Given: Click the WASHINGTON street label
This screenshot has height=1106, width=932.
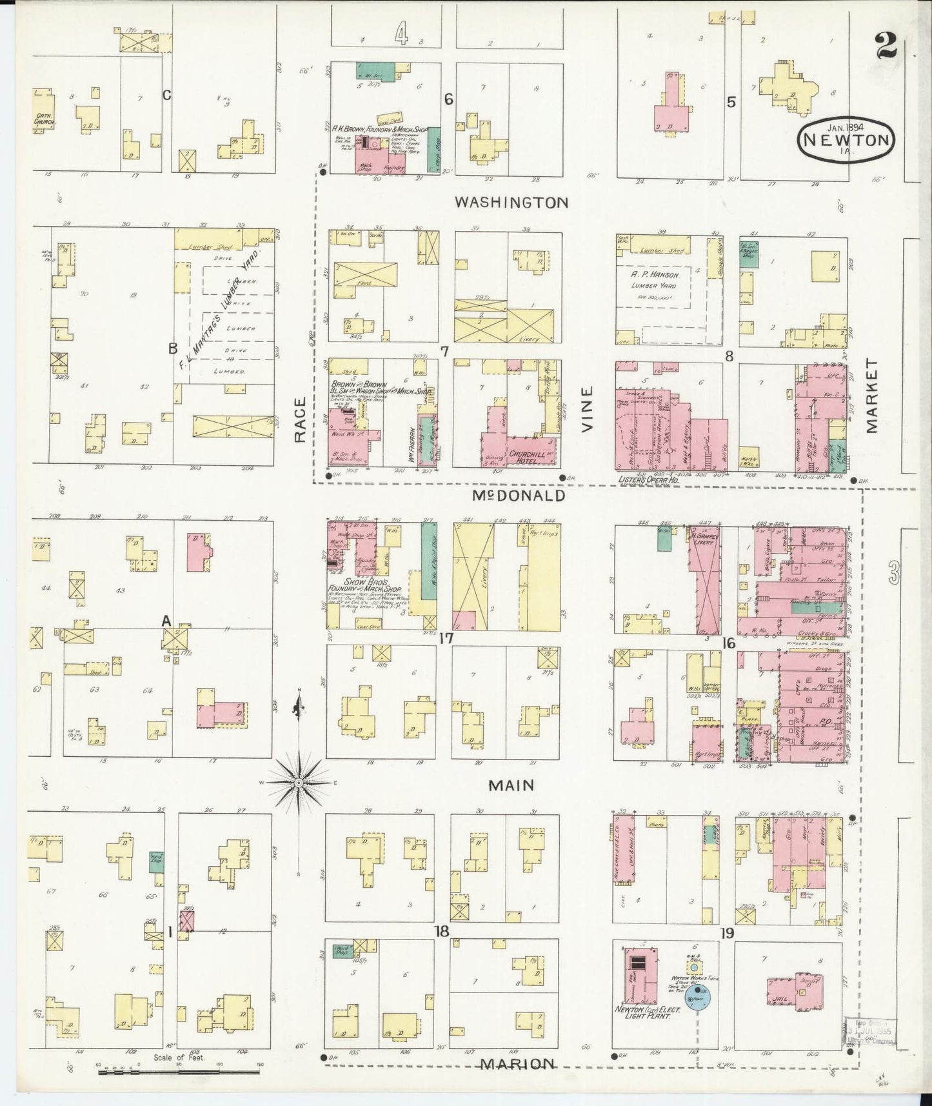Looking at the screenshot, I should point(511,203).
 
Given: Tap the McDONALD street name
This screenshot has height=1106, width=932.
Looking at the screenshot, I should point(519,496).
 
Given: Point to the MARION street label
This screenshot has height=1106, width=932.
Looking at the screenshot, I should point(518,1064).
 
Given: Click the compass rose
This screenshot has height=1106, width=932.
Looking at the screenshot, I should point(299,782).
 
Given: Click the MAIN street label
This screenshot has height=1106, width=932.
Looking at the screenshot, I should point(511,785).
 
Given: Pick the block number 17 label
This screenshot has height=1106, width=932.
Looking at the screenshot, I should point(445,638).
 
